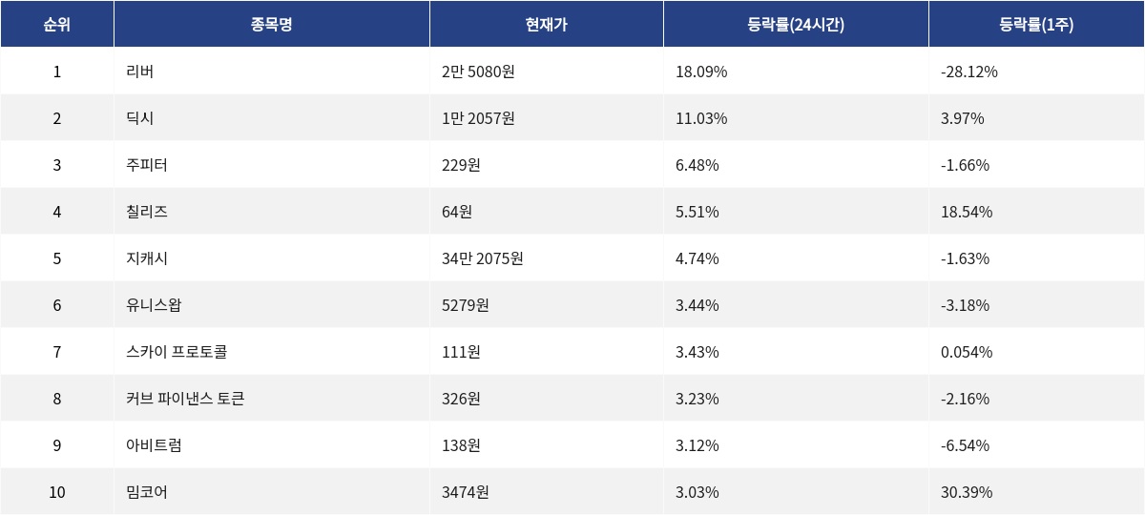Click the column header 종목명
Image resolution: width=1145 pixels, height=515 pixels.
point(271,25)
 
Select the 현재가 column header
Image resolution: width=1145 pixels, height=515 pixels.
point(546,25)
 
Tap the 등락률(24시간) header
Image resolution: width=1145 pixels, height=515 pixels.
point(796,25)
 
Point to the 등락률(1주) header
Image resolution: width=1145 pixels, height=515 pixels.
point(1036,25)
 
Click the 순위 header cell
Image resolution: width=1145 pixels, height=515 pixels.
point(57,25)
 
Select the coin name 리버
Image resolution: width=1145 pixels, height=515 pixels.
point(139,72)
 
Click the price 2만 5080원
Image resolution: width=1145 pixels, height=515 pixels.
point(478,72)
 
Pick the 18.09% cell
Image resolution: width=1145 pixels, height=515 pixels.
point(701,72)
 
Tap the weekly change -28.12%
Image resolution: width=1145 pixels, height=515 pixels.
point(969,72)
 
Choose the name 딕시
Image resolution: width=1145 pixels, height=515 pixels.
point(139,118)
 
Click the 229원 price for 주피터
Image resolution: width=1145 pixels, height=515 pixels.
point(461,165)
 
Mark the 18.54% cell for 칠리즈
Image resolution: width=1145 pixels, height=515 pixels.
point(967,212)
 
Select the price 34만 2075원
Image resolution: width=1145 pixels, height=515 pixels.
point(482,258)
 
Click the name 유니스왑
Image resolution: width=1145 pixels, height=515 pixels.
point(154,305)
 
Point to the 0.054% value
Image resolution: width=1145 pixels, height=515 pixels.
point(967,352)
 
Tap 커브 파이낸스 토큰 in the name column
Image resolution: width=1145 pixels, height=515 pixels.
point(185,399)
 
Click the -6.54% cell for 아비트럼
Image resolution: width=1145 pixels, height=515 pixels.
point(965,445)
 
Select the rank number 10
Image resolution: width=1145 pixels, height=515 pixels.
point(57,492)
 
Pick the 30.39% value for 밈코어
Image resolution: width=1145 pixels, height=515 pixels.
point(967,492)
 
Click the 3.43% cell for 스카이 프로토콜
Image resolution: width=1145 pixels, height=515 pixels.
point(697,352)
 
